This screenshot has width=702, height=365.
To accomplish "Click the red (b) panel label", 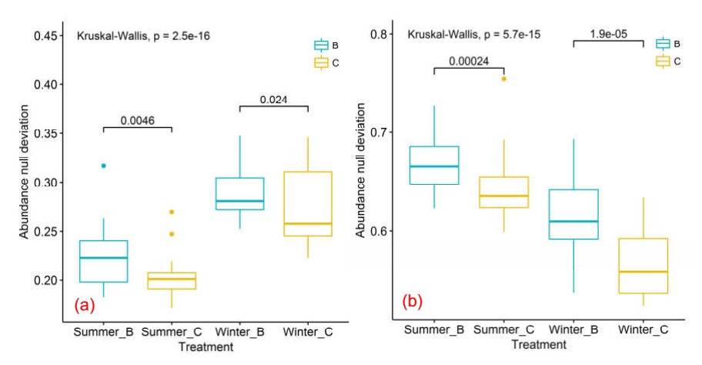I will point(413,300).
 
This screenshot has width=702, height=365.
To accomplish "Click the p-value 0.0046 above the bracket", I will point(138,120).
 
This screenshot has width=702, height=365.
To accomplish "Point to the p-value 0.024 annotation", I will point(273,99).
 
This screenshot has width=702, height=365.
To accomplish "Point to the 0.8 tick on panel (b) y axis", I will point(378,35).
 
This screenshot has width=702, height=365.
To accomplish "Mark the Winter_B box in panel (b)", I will point(573,214).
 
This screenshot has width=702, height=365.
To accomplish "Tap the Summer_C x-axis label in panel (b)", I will point(504,330).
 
